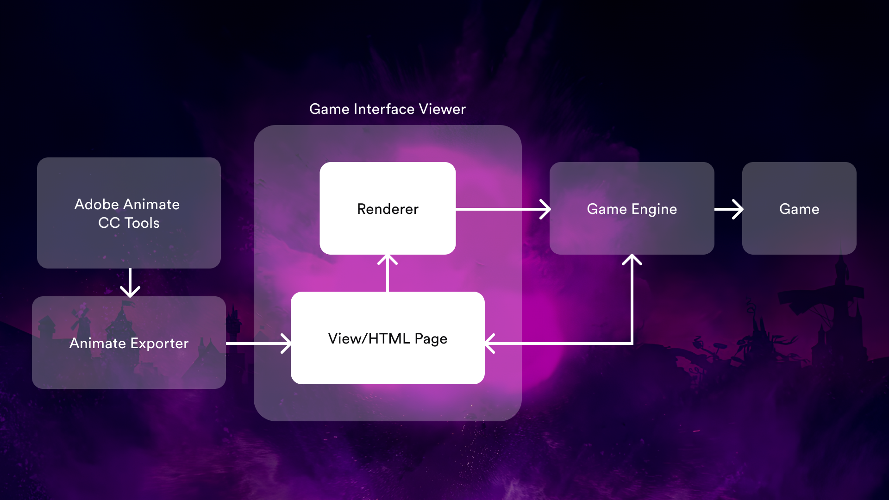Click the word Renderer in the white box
388,209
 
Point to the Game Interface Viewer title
387,109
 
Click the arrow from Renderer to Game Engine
502,209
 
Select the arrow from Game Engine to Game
729,209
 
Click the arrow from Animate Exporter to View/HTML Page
257,344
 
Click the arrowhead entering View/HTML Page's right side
490,344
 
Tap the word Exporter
159,344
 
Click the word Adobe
97,204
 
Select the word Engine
654,209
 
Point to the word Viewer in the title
442,109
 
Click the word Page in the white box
431,339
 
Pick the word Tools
142,223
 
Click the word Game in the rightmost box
799,209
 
